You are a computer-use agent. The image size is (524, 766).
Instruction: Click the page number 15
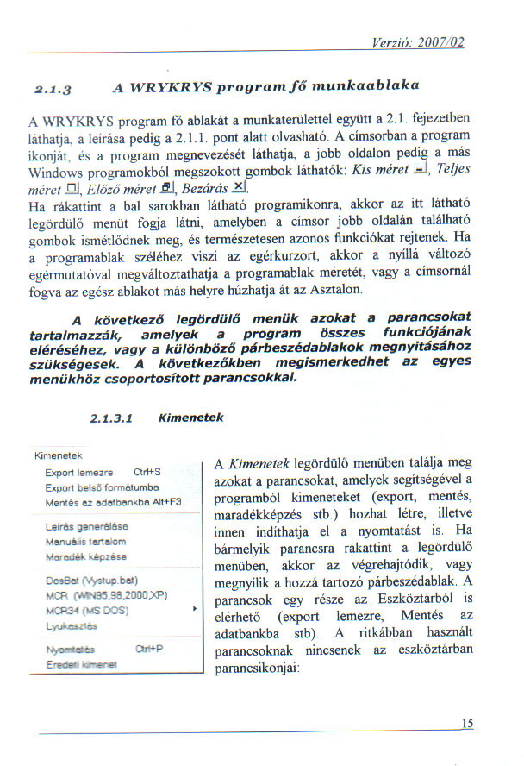coord(468,724)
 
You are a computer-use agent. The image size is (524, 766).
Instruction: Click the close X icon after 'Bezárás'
coord(241,189)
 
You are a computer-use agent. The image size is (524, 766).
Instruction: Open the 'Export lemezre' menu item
coord(79,473)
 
